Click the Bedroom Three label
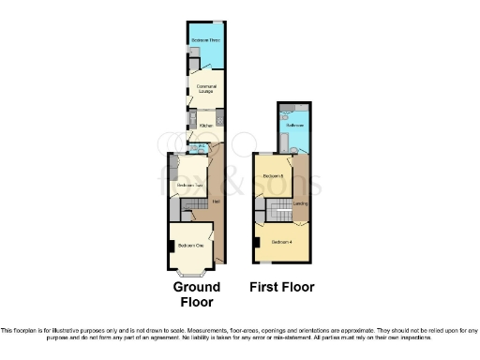click(205, 41)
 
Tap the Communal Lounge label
click(206, 88)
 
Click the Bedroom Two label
click(189, 186)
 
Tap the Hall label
click(217, 202)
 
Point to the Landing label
click(301, 202)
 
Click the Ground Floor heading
click(197, 294)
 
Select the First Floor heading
click(282, 287)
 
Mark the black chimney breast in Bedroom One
click(171, 247)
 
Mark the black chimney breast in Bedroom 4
click(256, 243)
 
